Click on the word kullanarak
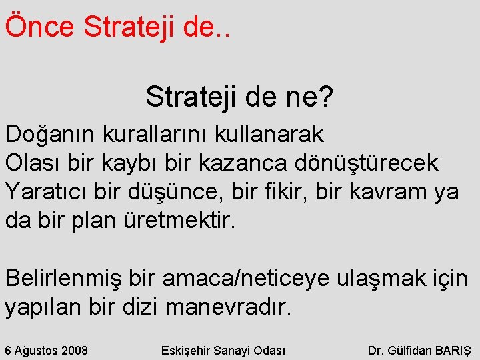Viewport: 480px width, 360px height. [270, 135]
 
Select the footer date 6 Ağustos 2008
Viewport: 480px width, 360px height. [47, 349]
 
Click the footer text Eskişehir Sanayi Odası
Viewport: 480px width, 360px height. [223, 349]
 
